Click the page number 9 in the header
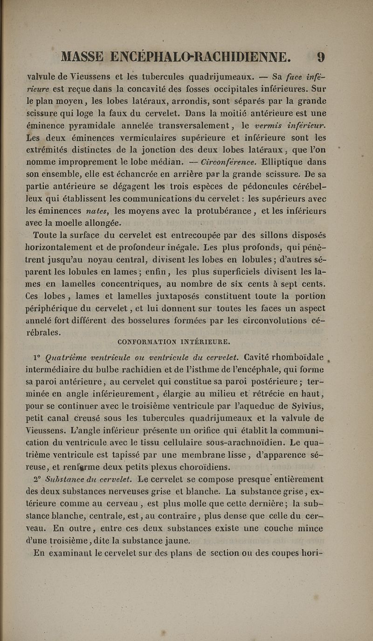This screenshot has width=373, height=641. pos(321,57)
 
